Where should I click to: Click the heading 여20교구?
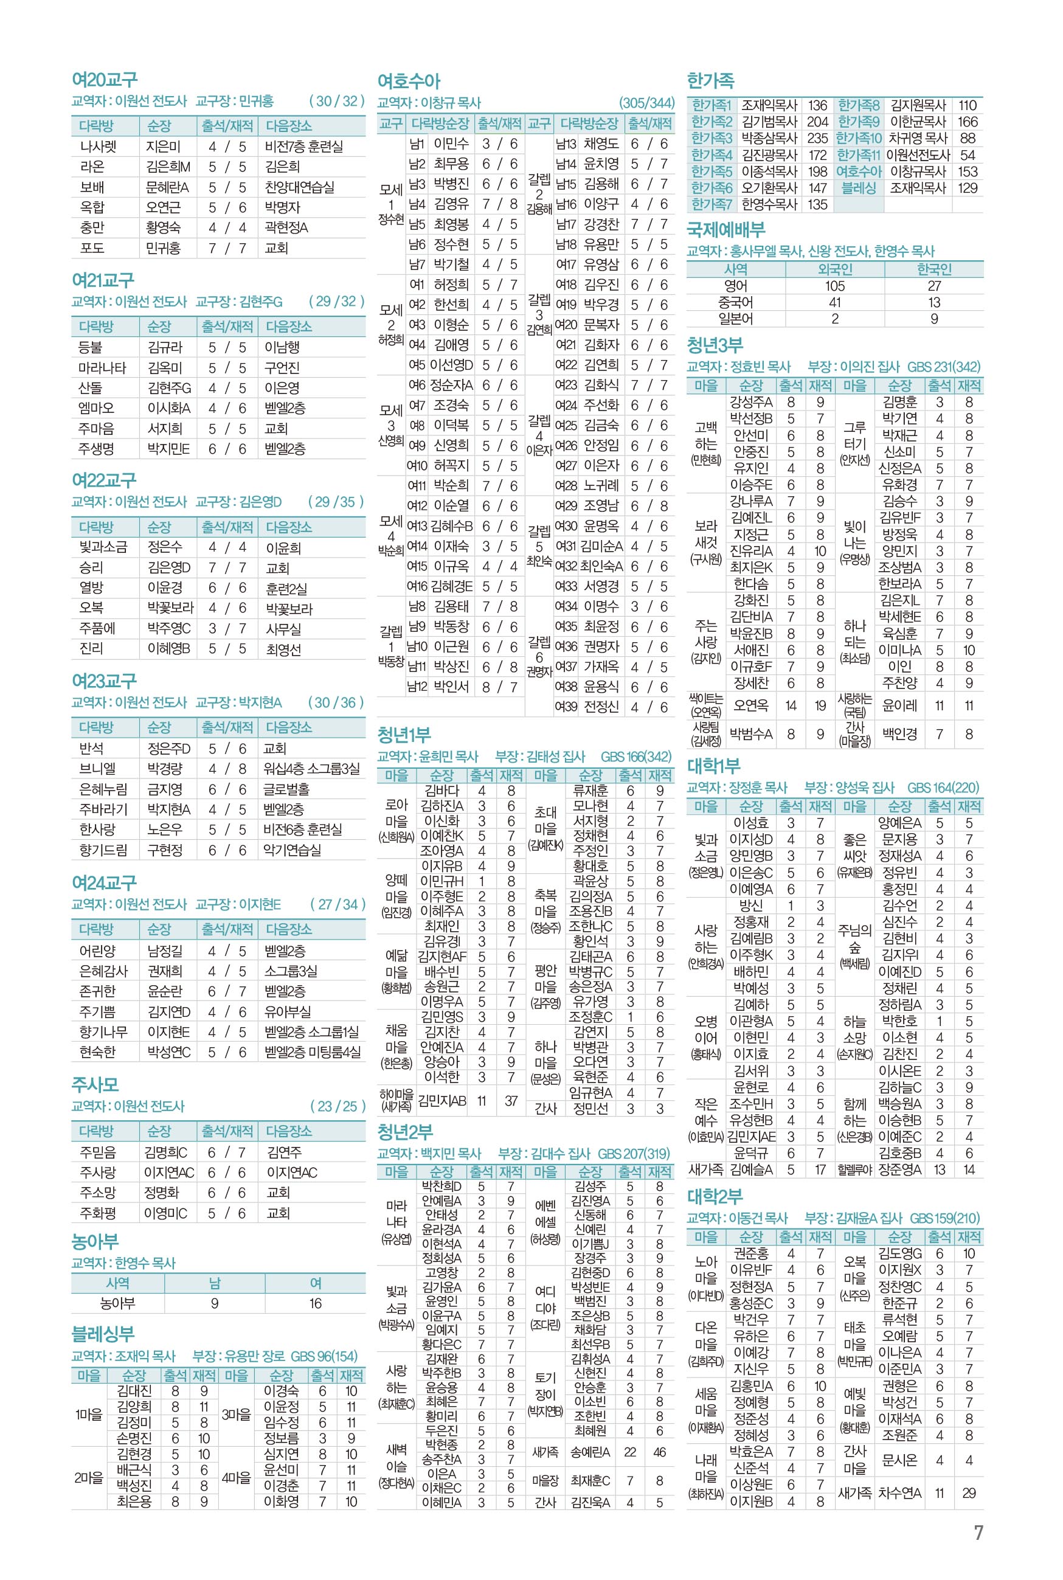(x=105, y=80)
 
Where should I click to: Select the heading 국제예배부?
(x=726, y=230)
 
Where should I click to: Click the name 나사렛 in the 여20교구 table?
(x=99, y=147)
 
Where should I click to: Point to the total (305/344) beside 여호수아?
(x=647, y=103)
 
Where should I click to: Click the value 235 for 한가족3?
(x=817, y=138)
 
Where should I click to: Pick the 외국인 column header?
(x=834, y=269)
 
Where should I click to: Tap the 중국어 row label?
(x=736, y=302)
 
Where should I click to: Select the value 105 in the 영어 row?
(x=834, y=286)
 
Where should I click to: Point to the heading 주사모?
(x=95, y=1084)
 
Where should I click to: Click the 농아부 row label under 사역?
(x=117, y=1303)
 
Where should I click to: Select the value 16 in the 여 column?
(x=315, y=1303)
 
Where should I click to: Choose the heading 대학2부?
(x=715, y=1196)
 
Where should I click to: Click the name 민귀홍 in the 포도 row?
(x=164, y=248)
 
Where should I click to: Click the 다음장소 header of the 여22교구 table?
(x=289, y=527)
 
